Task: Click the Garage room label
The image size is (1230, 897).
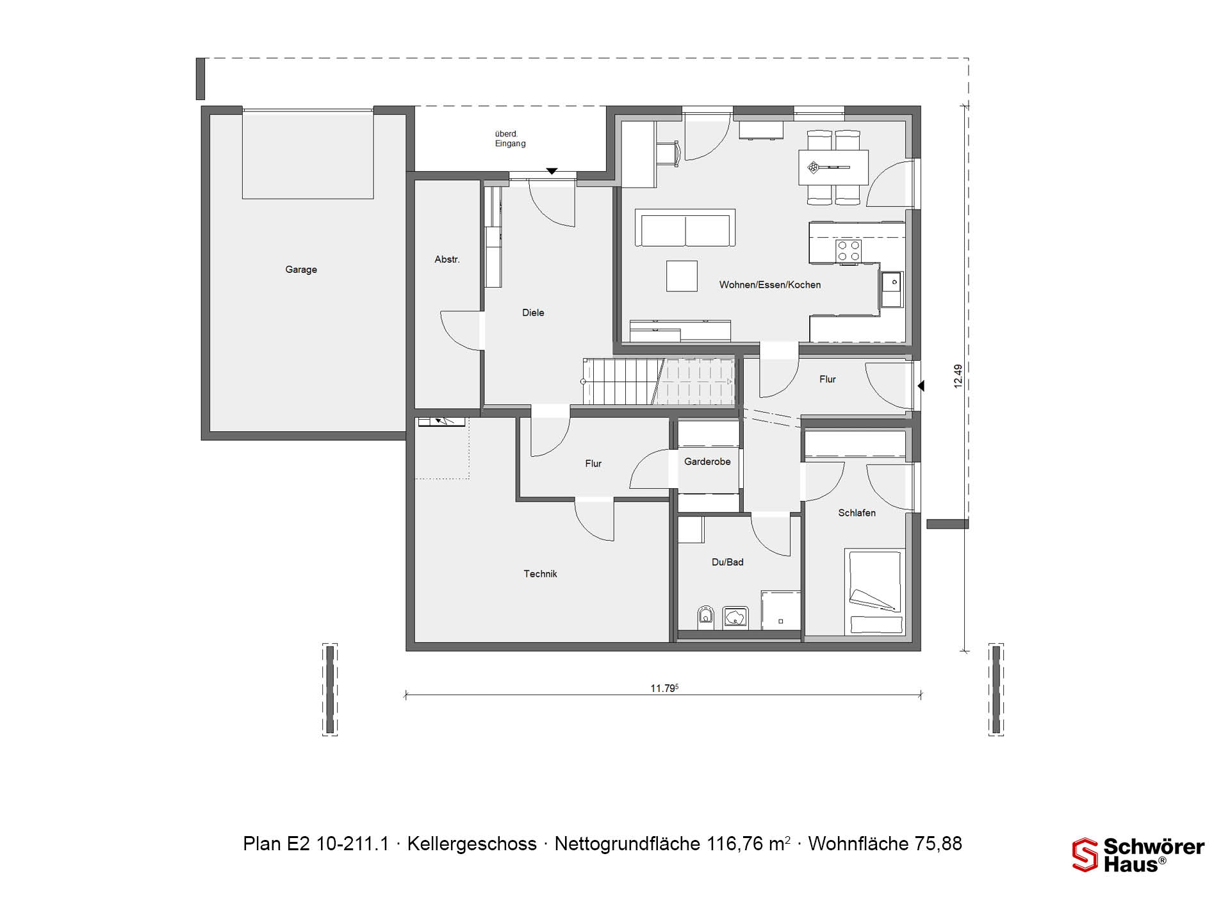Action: (301, 270)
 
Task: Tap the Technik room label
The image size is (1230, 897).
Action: (540, 574)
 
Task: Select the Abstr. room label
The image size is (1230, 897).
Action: (447, 259)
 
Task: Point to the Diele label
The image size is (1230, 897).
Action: (533, 313)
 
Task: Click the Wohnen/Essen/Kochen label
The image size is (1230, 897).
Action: (770, 284)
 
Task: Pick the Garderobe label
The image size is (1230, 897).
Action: (707, 461)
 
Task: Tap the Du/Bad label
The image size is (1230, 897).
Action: (728, 562)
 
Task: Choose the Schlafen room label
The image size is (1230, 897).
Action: (857, 513)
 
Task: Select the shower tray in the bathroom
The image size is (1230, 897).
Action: (781, 610)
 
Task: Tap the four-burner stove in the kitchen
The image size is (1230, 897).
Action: (848, 251)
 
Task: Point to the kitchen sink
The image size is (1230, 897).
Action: (891, 290)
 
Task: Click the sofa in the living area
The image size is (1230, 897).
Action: (685, 227)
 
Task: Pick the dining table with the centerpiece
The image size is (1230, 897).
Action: (833, 167)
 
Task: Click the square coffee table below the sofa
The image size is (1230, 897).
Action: (682, 276)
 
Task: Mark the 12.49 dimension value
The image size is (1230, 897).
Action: (958, 376)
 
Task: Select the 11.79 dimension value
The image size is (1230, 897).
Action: (664, 688)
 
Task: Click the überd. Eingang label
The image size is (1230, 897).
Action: (510, 138)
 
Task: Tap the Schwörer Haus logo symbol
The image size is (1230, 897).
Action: (1085, 855)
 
